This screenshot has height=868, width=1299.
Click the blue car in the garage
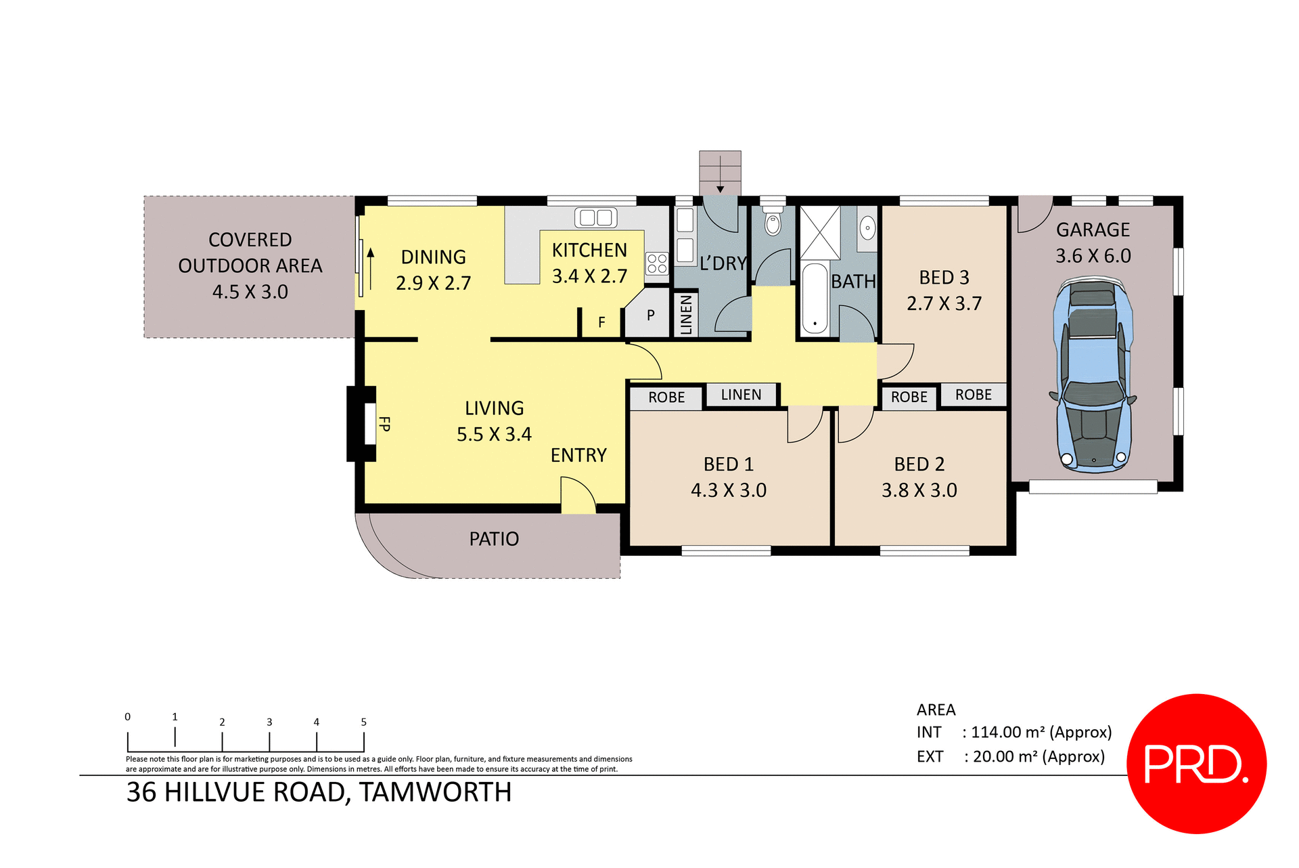[1092, 376]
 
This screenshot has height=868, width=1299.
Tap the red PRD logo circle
[1196, 763]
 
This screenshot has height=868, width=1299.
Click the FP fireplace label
[384, 424]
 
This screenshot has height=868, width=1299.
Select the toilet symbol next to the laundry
[773, 222]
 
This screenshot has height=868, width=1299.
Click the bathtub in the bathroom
[815, 299]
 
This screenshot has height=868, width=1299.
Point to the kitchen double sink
[595, 217]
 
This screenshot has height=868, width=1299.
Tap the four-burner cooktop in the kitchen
[656, 263]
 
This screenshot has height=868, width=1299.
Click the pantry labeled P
[650, 315]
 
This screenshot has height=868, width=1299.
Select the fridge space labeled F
[601, 322]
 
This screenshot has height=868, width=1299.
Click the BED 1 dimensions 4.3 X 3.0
[729, 490]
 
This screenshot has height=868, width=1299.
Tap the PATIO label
[494, 539]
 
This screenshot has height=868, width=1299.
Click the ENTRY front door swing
[577, 495]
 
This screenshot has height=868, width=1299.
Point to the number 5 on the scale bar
[363, 722]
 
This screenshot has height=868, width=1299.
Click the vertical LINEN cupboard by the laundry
[686, 314]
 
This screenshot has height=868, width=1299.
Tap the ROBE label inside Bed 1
[666, 397]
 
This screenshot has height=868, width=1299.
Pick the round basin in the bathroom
[867, 227]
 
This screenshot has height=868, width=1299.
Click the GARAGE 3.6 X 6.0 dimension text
[1093, 256]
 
